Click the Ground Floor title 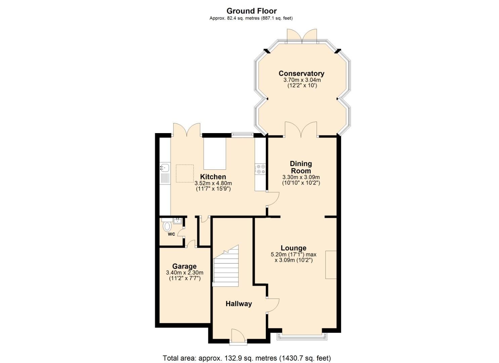tap(251, 11)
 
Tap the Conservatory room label tap(301, 74)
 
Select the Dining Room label tap(301, 167)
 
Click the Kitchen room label tap(213, 177)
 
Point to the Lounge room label tap(293, 248)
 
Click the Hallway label tap(239, 304)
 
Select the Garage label tap(184, 267)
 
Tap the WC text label tap(171, 234)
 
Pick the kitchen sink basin tap(165, 167)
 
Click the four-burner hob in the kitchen tap(261, 169)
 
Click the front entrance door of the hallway tap(239, 336)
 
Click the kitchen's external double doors tap(186, 130)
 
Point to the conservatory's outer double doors tap(302, 36)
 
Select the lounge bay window tap(301, 336)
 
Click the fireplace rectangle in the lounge tap(331, 265)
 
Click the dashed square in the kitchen tap(185, 173)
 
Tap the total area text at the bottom tap(247, 358)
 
